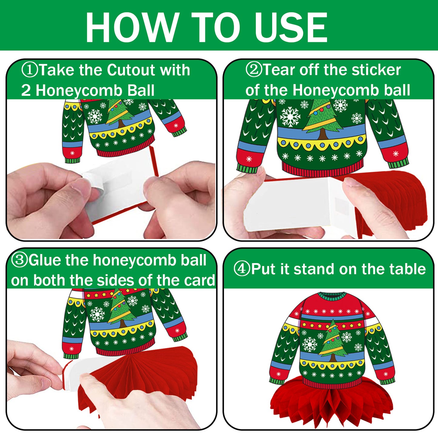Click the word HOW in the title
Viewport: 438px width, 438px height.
click(131, 27)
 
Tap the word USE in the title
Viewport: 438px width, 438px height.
click(291, 27)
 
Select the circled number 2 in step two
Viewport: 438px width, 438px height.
click(254, 70)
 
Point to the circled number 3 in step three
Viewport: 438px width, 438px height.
click(19, 260)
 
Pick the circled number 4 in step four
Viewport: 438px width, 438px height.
click(242, 269)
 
